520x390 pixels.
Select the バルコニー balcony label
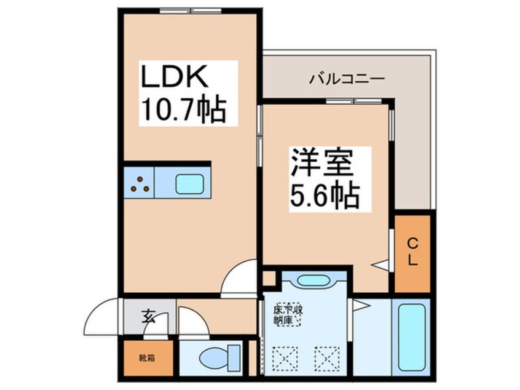click(347, 79)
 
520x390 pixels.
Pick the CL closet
click(412, 252)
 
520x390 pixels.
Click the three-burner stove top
click(140, 183)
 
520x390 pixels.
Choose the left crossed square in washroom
click(282, 357)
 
